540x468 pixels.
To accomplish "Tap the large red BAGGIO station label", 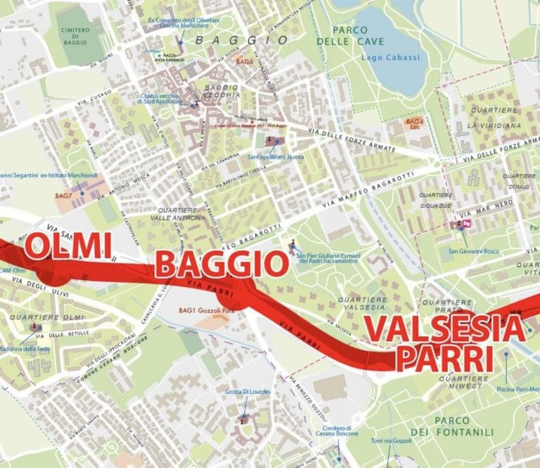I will pyautogui.click(x=221, y=265).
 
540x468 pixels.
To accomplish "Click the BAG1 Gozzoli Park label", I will pyautogui.click(x=205, y=310).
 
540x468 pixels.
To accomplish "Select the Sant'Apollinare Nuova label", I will pyautogui.click(x=276, y=157).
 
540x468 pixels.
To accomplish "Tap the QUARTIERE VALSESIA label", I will pyautogui.click(x=362, y=303).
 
